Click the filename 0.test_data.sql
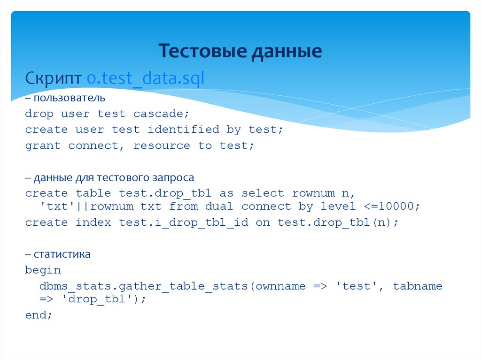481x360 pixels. pos(146,78)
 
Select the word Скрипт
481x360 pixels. pos(54,78)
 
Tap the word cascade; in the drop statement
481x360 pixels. pos(161,114)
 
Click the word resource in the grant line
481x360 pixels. pos(162,146)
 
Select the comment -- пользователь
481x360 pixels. pos(65,99)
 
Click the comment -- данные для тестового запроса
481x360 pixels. pos(109,178)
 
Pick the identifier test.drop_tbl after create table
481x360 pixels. pos(165,193)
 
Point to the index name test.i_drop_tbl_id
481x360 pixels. pos(183,222)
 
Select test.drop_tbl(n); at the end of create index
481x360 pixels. pos(338,222)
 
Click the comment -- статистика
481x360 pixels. pos(58,254)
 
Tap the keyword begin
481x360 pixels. pos(43,270)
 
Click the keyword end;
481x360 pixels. pos(39,315)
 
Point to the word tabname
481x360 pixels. pos(418,286)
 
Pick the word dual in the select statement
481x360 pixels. pos(219,206)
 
